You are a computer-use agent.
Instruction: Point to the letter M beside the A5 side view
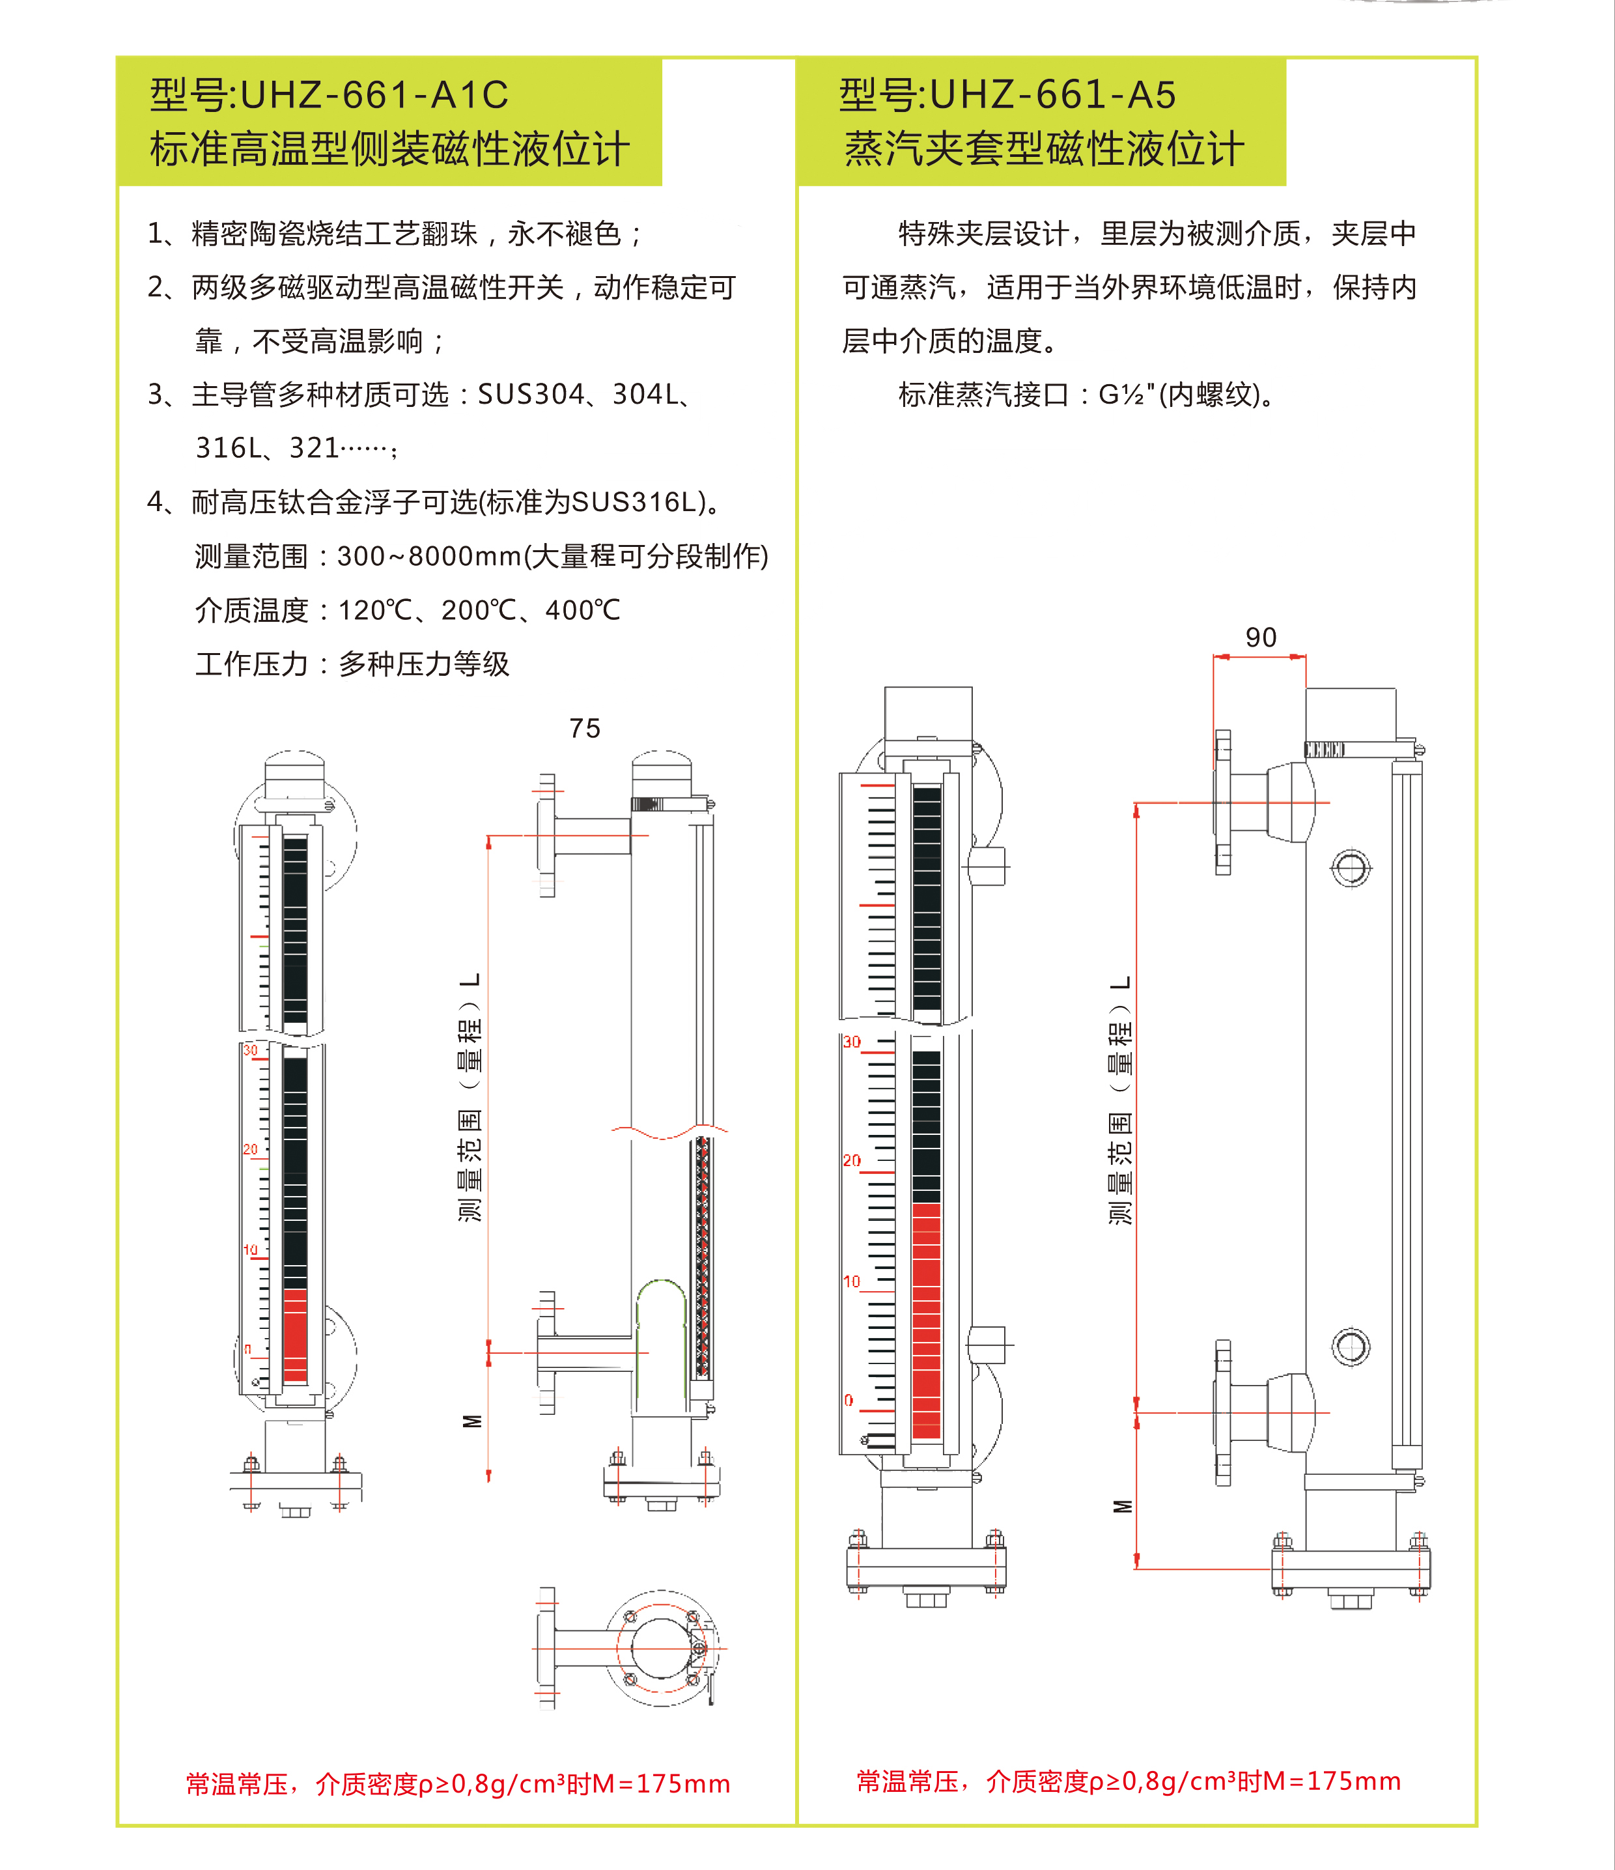[1122, 1506]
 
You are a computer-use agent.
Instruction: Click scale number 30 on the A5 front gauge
[851, 1042]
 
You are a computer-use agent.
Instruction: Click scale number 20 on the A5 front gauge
[851, 1161]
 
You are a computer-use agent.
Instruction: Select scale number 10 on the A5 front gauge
[851, 1281]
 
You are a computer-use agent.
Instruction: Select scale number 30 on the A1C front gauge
[250, 1050]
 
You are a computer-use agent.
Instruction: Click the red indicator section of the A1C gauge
[295, 1335]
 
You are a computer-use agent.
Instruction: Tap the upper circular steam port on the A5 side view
[1351, 868]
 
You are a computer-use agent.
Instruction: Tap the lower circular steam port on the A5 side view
[1351, 1347]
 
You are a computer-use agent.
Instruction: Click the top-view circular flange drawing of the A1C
[663, 1649]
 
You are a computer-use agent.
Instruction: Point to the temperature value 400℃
[582, 611]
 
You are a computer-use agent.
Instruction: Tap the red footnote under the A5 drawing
[1129, 1781]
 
